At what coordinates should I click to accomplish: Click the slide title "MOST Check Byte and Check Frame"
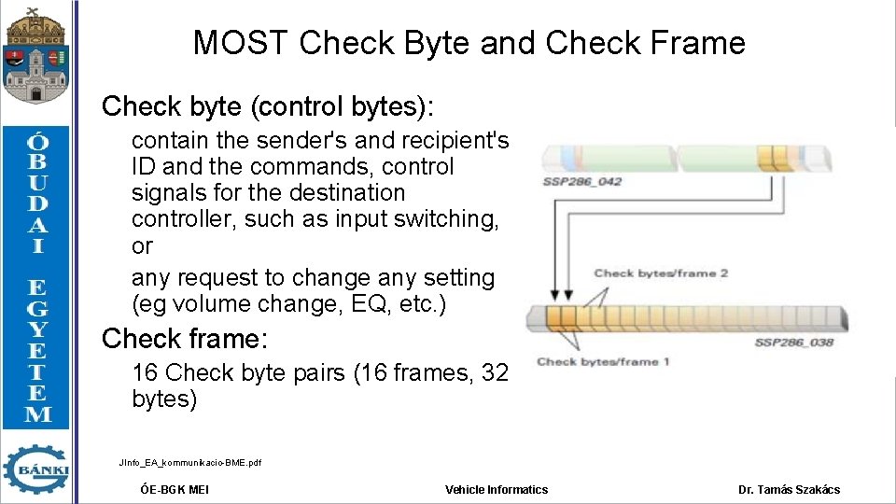click(469, 43)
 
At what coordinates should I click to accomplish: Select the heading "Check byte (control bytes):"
click(268, 106)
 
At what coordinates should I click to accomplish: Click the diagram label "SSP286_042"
click(582, 181)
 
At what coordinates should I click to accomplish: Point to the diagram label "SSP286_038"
click(794, 343)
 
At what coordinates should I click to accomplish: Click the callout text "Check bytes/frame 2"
click(661, 273)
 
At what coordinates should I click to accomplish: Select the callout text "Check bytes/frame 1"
click(604, 362)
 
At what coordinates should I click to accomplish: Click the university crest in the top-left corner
click(35, 55)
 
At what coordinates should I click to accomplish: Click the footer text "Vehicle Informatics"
click(497, 490)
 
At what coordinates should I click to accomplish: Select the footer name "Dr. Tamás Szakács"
click(789, 490)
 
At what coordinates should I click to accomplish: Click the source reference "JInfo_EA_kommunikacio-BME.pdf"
click(190, 463)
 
